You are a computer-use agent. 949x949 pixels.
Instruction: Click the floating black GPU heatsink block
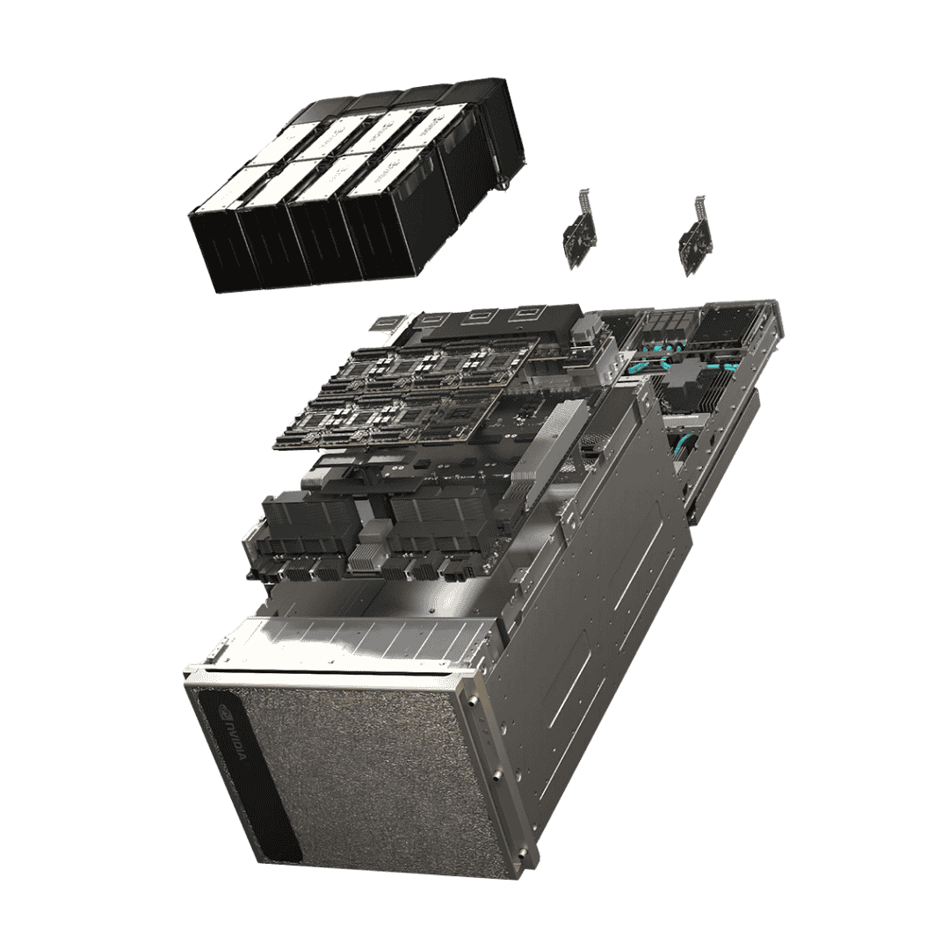click(351, 189)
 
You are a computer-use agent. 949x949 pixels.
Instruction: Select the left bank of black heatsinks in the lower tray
click(308, 527)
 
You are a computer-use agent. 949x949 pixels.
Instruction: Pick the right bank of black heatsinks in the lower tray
click(435, 527)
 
